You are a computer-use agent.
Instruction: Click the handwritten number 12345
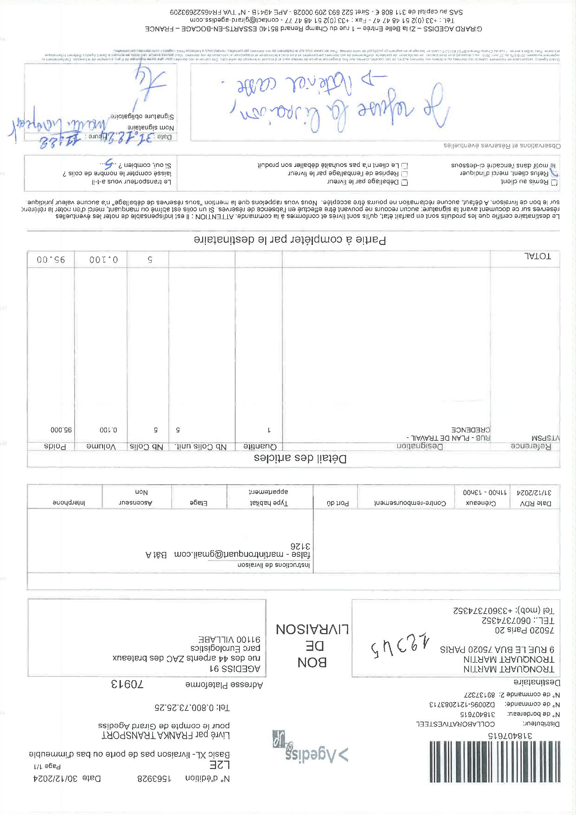click(399, 648)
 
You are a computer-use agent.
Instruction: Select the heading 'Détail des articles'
click(300, 459)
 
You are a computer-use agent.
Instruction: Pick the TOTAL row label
click(537, 256)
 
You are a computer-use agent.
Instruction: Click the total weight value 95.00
click(51, 260)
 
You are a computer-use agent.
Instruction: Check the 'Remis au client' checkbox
click(554, 182)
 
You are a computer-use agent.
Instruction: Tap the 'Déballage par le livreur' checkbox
click(405, 182)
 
